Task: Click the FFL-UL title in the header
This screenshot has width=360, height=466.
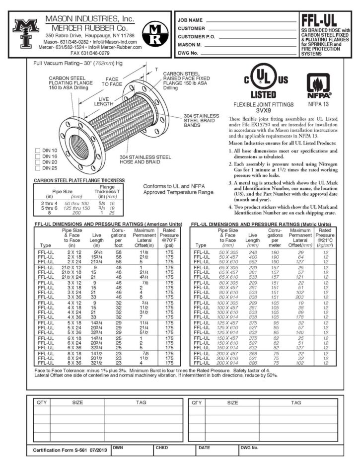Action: pyautogui.click(x=324, y=21)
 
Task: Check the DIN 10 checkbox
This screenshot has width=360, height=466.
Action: pyautogui.click(x=38, y=150)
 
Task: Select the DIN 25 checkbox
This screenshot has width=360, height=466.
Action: pyautogui.click(x=38, y=168)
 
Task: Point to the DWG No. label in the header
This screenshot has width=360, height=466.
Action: pyautogui.click(x=188, y=52)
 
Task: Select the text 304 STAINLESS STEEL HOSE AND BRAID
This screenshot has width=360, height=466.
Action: pyautogui.click(x=145, y=159)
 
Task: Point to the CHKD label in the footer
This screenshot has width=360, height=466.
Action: pyautogui.click(x=162, y=448)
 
